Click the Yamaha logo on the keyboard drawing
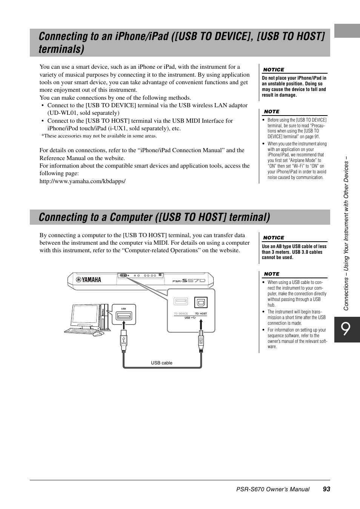pos(89,280)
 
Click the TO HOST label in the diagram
pos(201,314)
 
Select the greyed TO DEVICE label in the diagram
pos(181,314)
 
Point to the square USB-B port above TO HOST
pos(201,302)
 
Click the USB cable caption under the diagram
pos(162,363)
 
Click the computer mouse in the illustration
pos(98,334)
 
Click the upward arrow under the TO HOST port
pos(201,324)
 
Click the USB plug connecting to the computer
pos(123,341)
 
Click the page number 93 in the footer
pos(326,489)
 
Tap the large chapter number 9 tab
pos(347,330)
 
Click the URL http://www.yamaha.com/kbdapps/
pos(82,181)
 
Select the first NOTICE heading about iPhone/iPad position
pos(274,70)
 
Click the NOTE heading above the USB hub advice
pos(272,274)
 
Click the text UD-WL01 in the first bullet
pos(59,113)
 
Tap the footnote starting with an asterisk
pos(99,136)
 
